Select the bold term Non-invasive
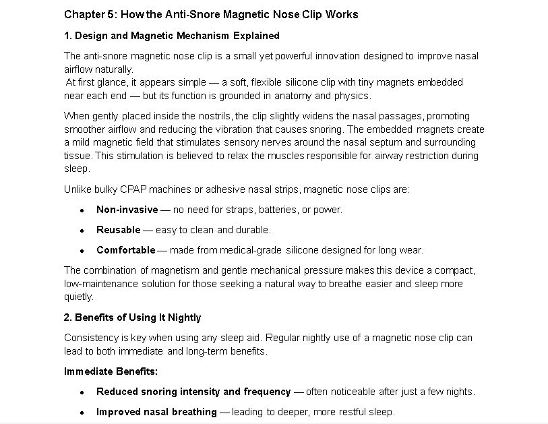(x=127, y=210)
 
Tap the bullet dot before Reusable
(x=81, y=231)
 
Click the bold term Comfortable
(x=125, y=250)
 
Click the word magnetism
(x=162, y=270)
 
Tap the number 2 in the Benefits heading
(x=67, y=317)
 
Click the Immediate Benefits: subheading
(x=111, y=371)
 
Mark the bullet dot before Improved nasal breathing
(x=81, y=413)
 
